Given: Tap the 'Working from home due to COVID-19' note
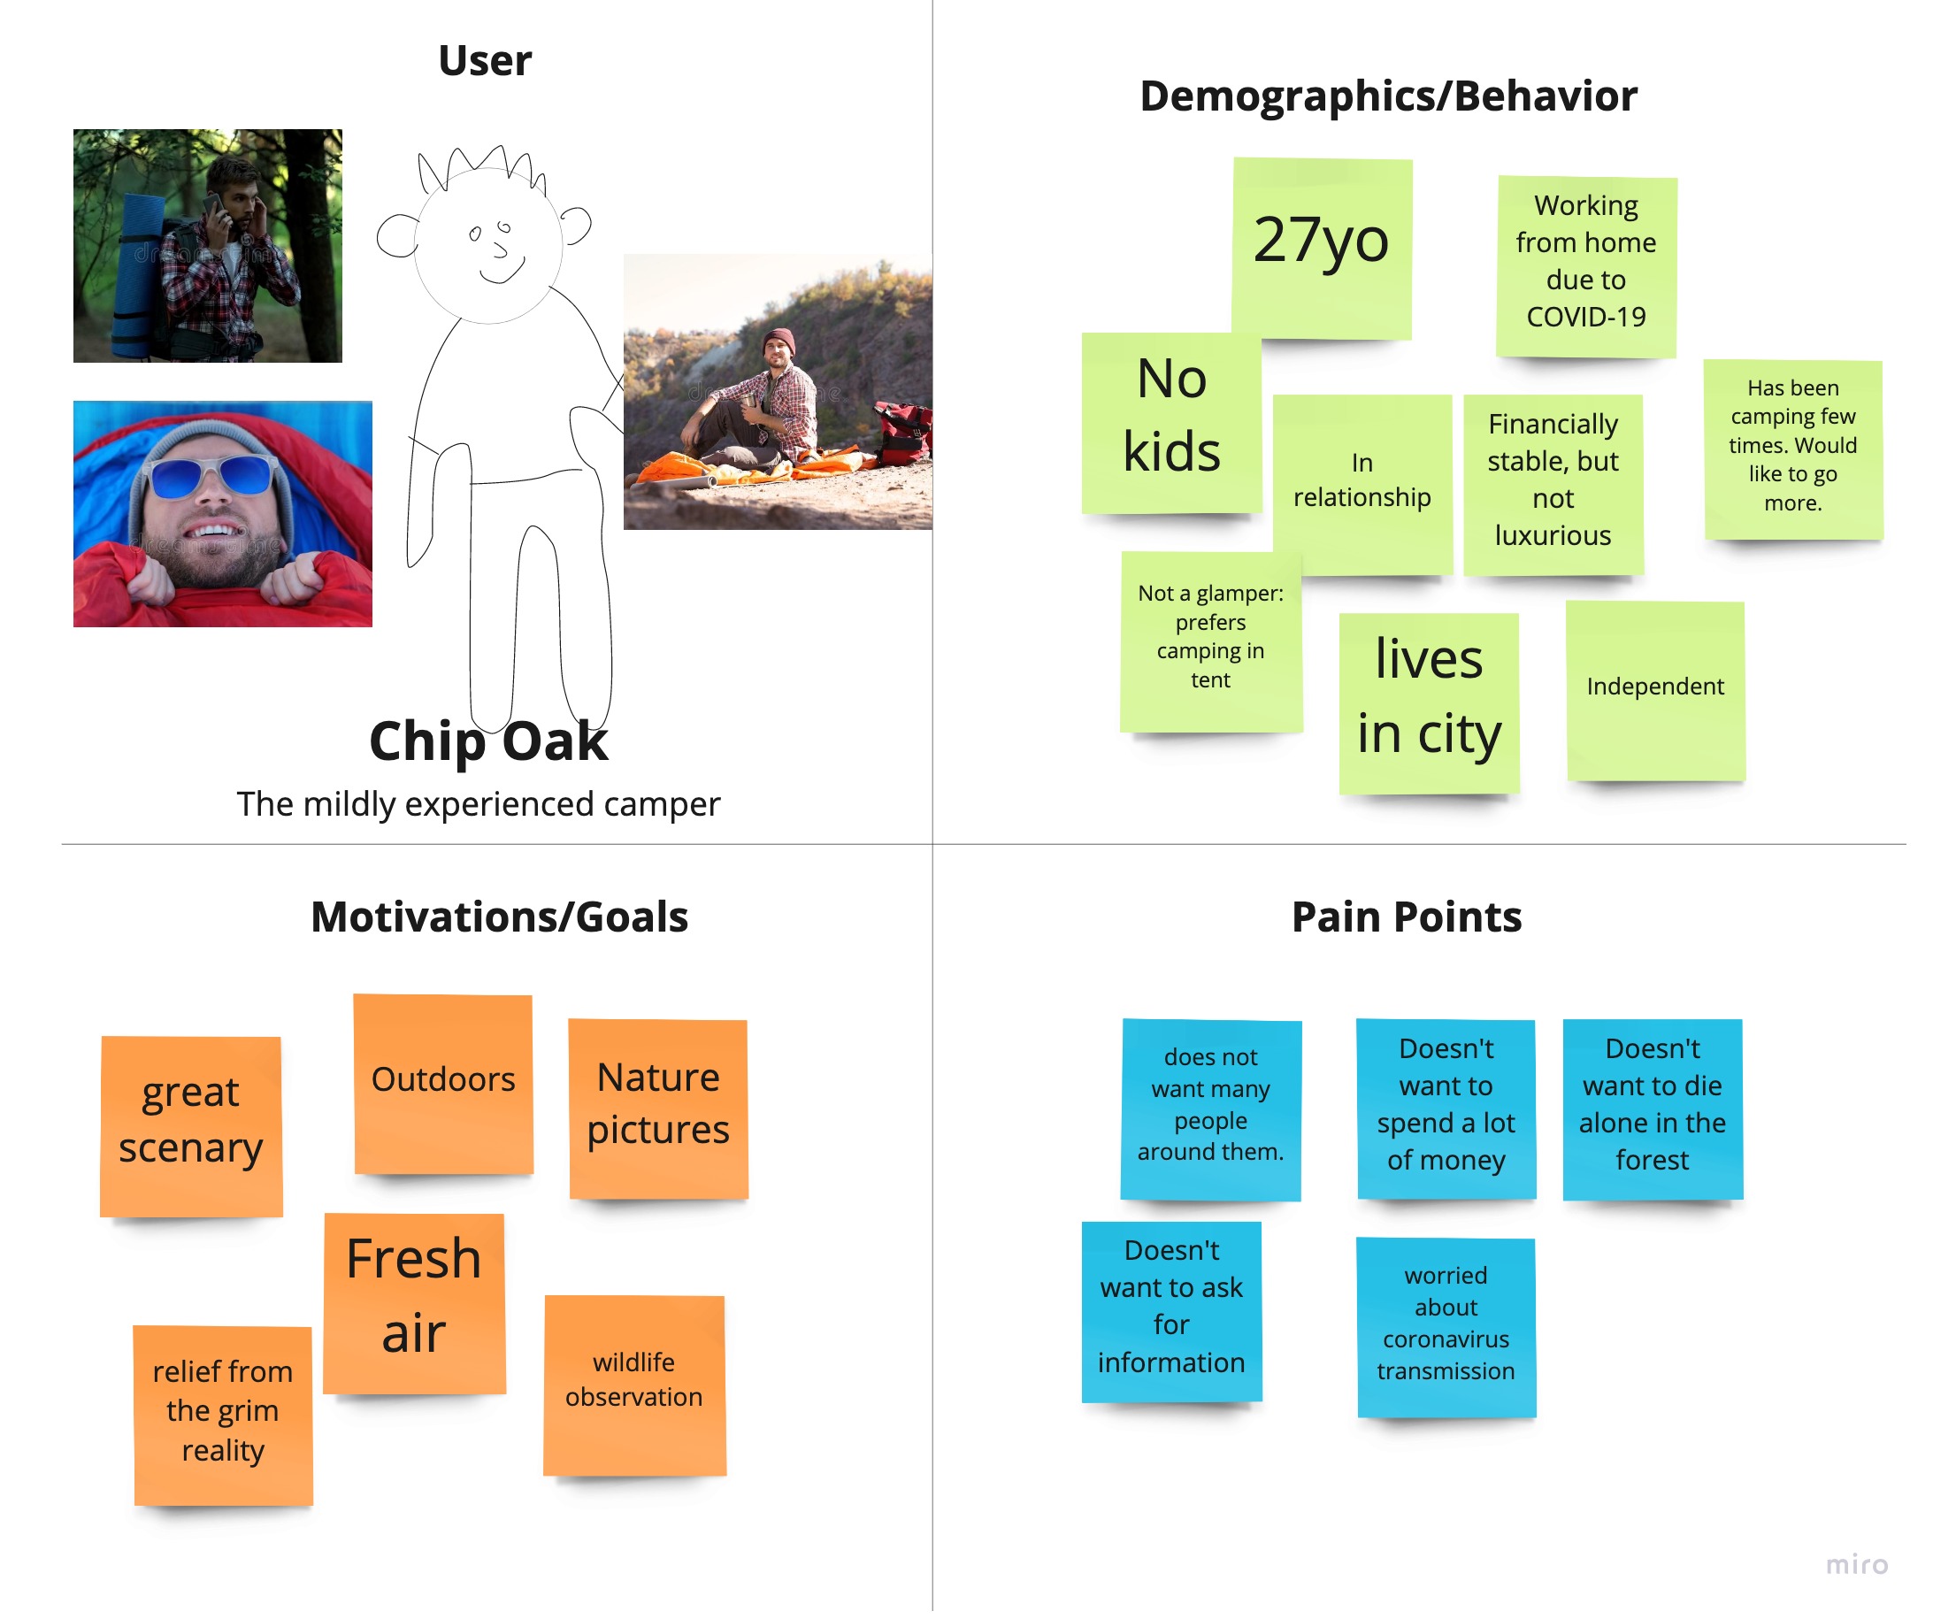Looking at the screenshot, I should [1585, 266].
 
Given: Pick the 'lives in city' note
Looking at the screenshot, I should [1429, 702].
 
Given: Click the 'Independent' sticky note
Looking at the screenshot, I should [1655, 690].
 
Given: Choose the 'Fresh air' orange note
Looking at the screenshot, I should [414, 1301].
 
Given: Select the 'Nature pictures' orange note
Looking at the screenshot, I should [658, 1108].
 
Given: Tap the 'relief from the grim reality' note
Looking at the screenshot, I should [223, 1414].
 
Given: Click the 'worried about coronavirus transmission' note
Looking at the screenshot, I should [1446, 1326].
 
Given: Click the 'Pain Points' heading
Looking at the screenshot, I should [1406, 917].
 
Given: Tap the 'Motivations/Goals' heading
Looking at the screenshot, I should [499, 917].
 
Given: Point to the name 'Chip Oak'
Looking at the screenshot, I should [487, 742].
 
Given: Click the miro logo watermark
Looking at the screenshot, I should [1857, 1565].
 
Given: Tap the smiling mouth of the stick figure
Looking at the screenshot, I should [502, 273].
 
